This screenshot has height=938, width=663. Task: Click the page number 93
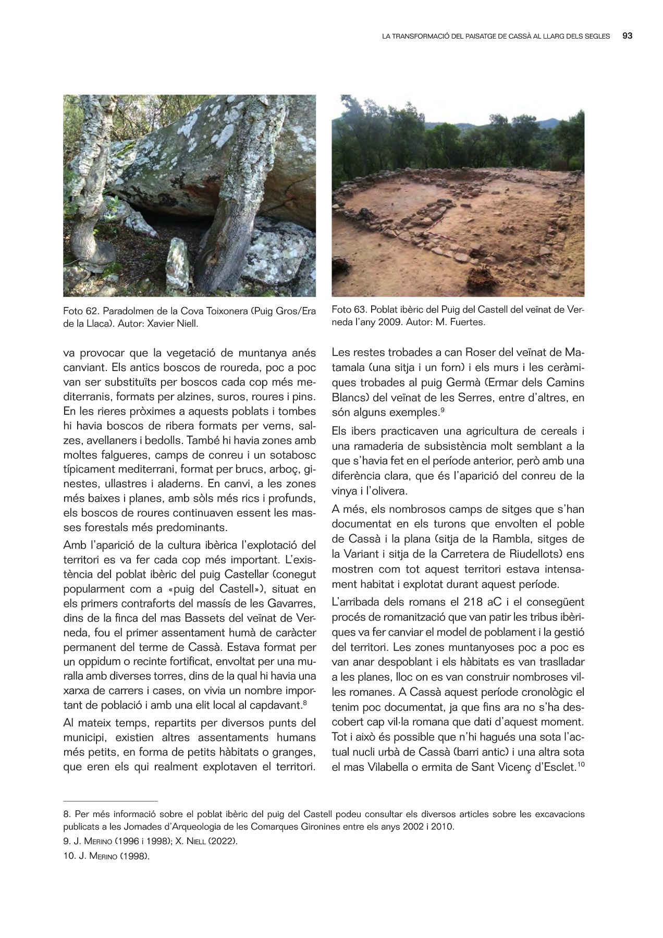628,36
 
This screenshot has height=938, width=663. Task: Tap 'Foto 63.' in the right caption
349,310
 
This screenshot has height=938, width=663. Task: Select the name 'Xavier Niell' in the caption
173,324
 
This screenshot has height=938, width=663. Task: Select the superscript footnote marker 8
304,703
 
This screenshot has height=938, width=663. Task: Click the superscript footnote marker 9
442,410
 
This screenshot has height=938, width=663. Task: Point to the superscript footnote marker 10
581,764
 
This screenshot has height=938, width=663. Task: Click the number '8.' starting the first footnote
67,814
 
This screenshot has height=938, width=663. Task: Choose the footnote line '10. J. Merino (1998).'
106,856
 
